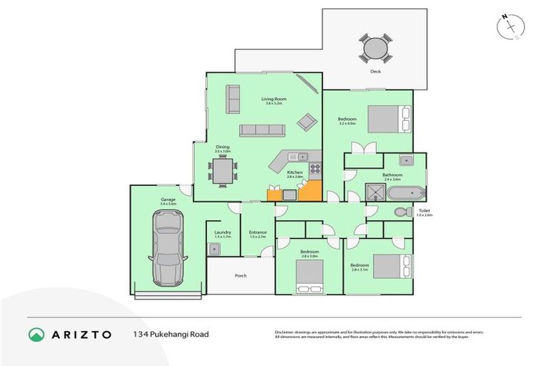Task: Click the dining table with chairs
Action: click(x=222, y=172)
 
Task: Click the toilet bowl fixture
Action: click(x=402, y=212)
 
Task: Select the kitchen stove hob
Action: click(x=314, y=169)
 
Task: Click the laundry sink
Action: click(x=214, y=248)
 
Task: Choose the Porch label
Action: click(x=240, y=275)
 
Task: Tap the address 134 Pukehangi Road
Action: click(x=171, y=334)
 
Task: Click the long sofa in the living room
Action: click(x=262, y=129)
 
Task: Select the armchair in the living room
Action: click(x=305, y=122)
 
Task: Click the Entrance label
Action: click(x=258, y=232)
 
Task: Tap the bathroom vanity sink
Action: click(x=405, y=160)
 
